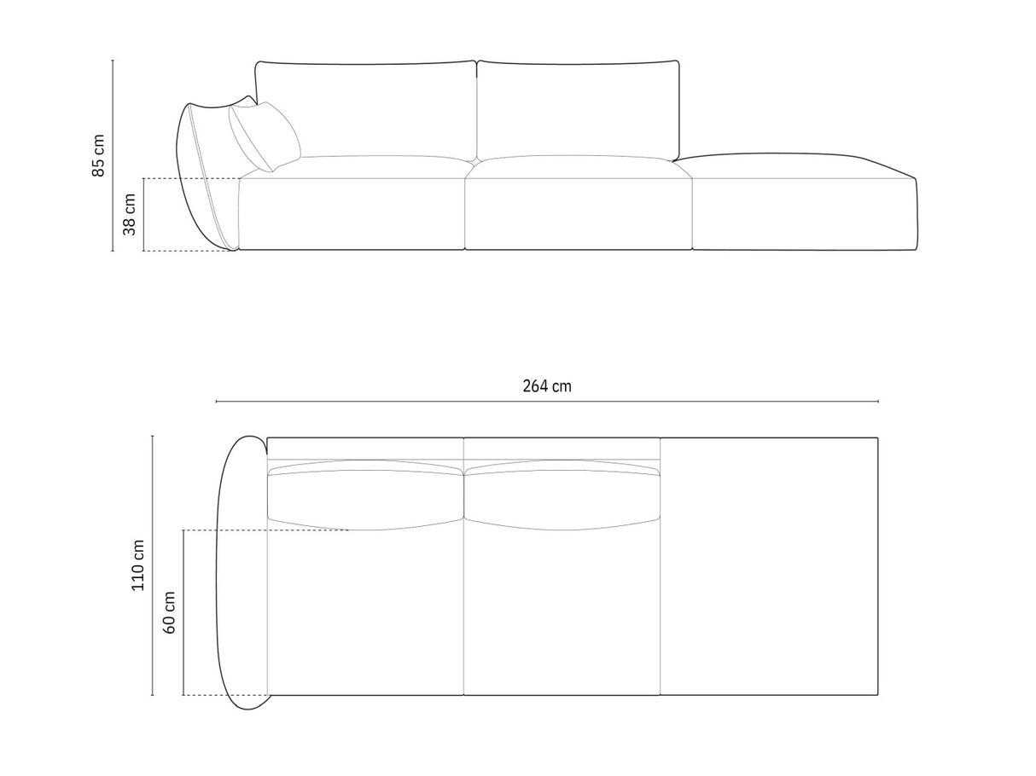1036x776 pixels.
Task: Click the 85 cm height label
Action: (x=99, y=155)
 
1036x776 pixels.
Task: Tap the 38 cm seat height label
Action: (x=129, y=214)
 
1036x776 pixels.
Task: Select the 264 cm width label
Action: (x=547, y=386)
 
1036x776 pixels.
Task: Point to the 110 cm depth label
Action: (x=138, y=565)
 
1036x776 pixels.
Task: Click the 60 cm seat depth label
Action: (x=169, y=611)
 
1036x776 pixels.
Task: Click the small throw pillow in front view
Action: (x=265, y=136)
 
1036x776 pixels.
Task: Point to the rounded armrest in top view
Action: (x=241, y=571)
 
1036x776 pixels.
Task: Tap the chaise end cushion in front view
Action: (x=802, y=205)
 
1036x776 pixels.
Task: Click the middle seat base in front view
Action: (x=578, y=213)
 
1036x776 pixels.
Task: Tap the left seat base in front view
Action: (x=351, y=213)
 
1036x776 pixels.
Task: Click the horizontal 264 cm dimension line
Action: (x=683, y=402)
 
